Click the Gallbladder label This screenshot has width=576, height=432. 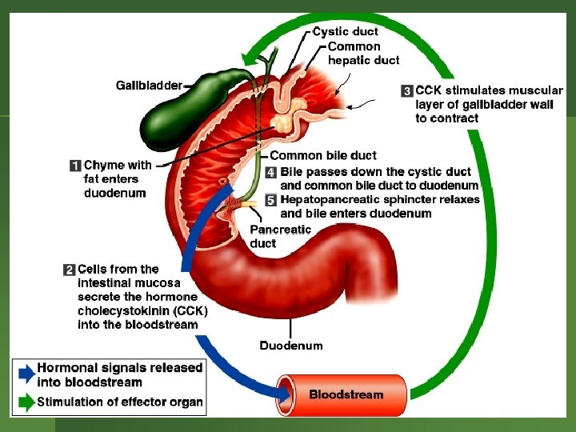pos(149,85)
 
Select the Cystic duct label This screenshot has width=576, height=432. pos(345,32)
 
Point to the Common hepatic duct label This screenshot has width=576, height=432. pos(363,53)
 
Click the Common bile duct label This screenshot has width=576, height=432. pos(322,155)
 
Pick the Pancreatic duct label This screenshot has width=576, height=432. pos(280,236)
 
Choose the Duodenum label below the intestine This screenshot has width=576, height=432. pos(291,346)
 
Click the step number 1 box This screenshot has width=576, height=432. pos(75,166)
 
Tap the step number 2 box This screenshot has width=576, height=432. pos(69,270)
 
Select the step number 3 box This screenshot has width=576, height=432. pos(406,91)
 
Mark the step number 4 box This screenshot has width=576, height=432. pos(272,173)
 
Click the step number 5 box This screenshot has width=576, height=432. pos(272,199)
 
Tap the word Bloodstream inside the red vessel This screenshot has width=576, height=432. pos(346,394)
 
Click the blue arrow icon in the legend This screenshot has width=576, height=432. pos(26,373)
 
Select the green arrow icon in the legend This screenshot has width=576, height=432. pos(26,402)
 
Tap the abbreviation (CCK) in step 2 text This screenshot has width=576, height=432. pos(190,310)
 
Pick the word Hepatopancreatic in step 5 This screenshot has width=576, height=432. pos(329,199)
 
